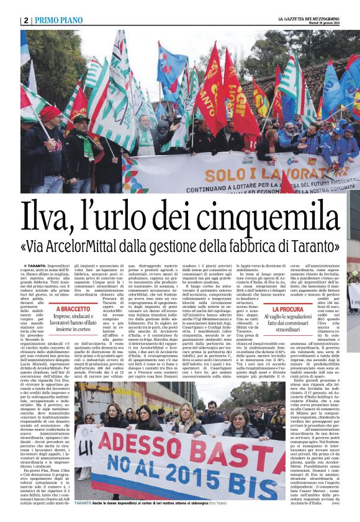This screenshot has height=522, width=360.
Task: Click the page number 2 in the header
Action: [26, 20]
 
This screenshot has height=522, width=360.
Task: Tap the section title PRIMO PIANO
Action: [60, 20]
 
